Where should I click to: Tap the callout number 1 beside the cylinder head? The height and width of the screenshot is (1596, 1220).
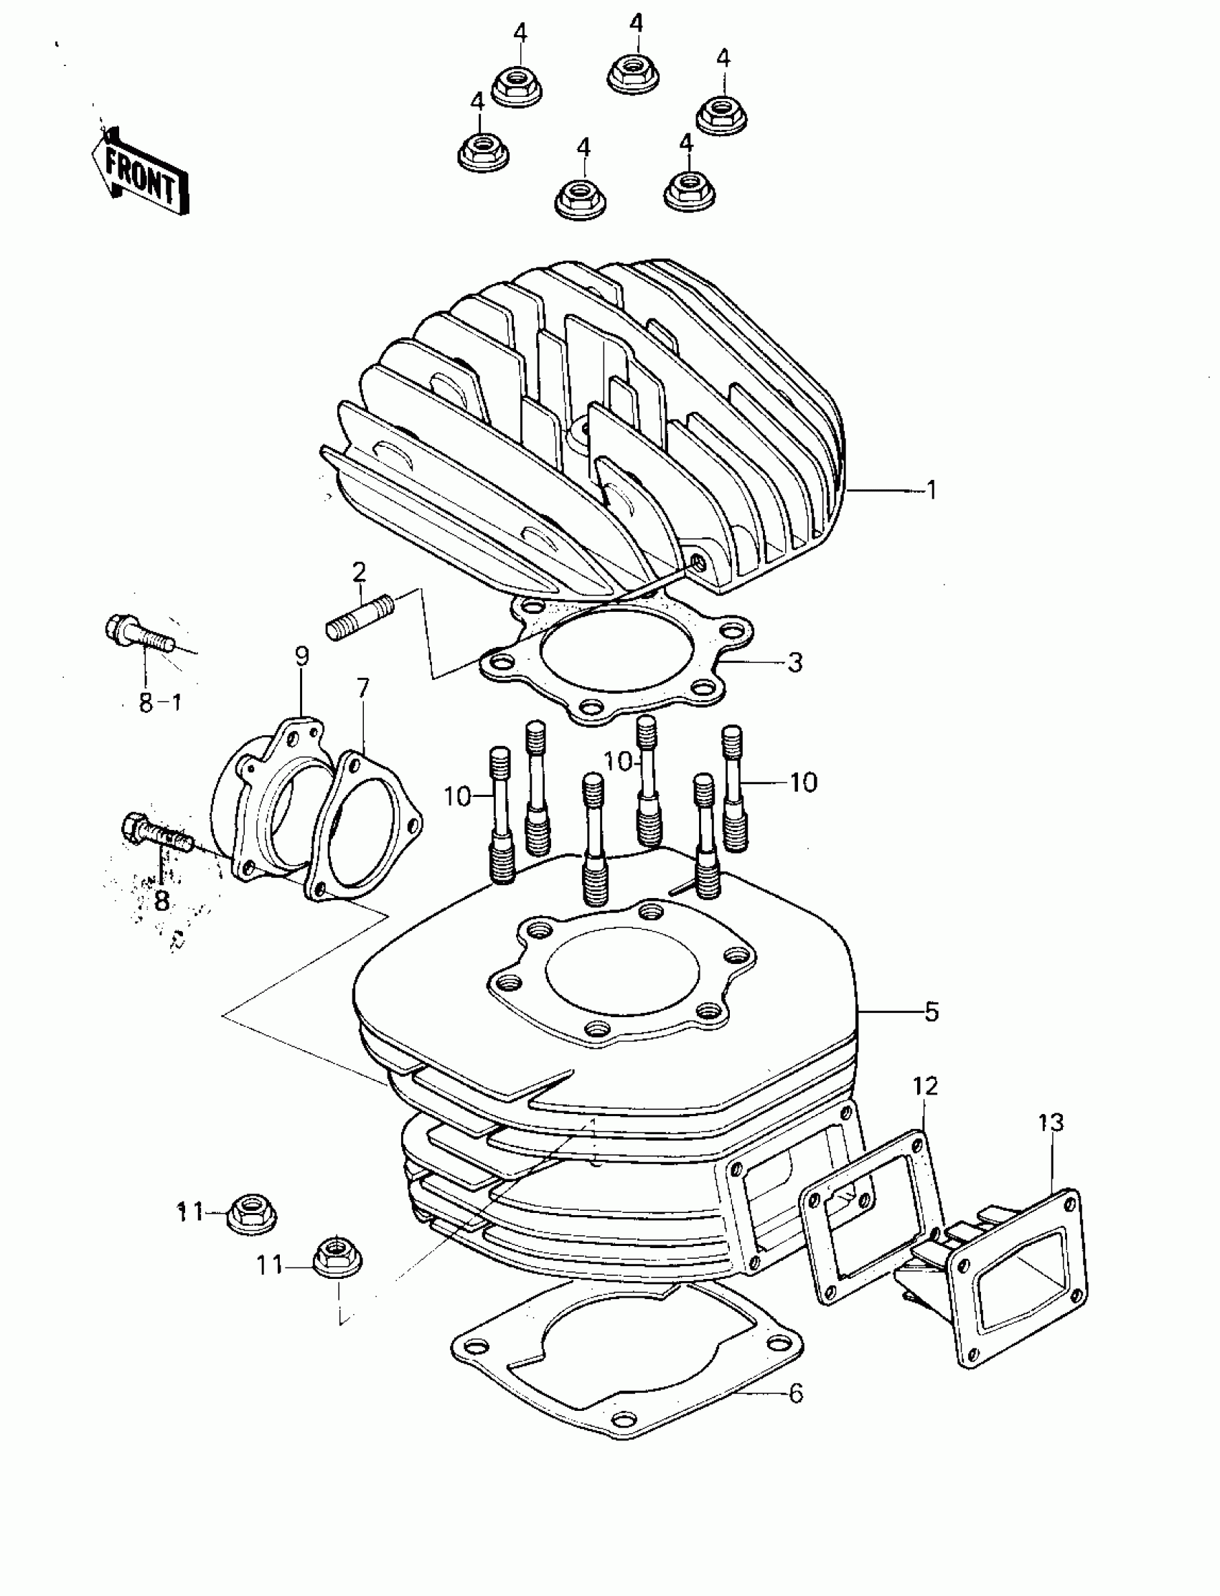(932, 491)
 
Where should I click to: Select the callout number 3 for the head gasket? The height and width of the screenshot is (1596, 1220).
(795, 662)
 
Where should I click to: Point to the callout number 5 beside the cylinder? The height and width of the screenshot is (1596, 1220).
(932, 1011)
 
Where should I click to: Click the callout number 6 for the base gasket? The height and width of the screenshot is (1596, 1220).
(796, 1394)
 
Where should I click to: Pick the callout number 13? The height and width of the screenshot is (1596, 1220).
(1051, 1122)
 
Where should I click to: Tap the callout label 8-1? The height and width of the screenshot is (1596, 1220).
(160, 702)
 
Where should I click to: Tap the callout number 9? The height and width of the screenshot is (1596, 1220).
(302, 656)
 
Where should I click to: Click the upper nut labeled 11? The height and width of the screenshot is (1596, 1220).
(252, 1213)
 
